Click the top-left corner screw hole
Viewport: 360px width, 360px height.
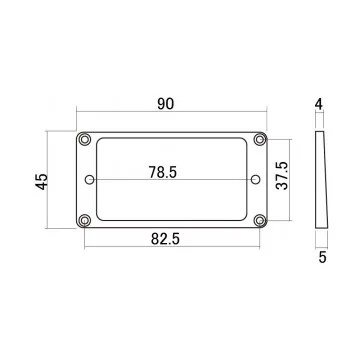coord(87,138)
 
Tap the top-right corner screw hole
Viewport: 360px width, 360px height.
coord(260,138)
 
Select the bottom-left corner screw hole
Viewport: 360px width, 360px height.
coord(87,220)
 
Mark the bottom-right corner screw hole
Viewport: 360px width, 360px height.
coord(260,220)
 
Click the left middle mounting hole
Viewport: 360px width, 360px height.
coord(92,180)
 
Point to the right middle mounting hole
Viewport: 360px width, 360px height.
coord(256,180)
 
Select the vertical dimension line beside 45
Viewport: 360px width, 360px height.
coord(61,180)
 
